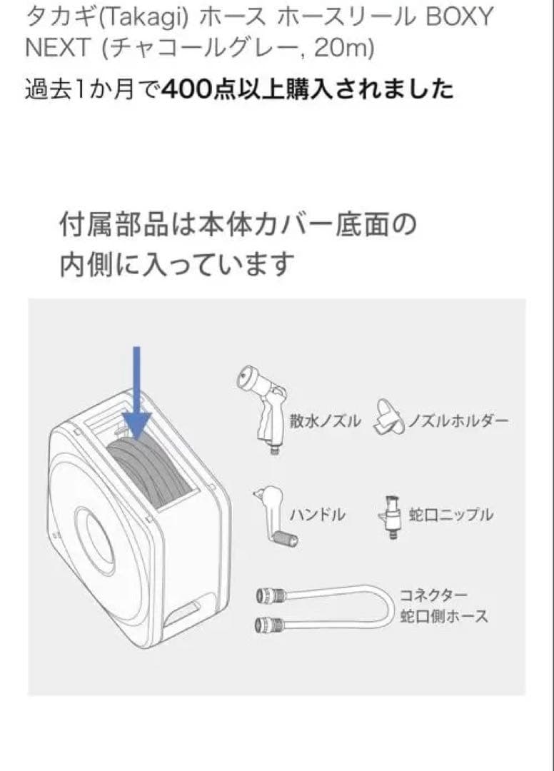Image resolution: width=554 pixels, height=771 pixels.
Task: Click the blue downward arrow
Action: click(x=136, y=393)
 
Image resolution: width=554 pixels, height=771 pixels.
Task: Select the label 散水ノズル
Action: click(x=326, y=421)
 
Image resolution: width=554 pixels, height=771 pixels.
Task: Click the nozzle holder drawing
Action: click(x=391, y=418)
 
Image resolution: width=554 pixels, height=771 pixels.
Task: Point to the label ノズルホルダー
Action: click(x=459, y=421)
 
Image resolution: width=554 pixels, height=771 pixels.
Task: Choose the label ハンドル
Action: click(x=318, y=515)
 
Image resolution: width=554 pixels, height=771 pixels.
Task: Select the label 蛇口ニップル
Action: click(x=450, y=515)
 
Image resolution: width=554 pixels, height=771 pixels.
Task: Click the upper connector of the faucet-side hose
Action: click(x=271, y=596)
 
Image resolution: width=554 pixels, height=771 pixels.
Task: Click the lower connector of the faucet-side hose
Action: click(x=270, y=625)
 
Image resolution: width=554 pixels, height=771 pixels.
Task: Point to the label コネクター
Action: click(x=433, y=595)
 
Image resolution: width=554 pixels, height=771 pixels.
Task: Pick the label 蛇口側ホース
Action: click(x=444, y=615)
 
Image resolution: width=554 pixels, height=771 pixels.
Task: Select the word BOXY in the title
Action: click(x=458, y=18)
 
